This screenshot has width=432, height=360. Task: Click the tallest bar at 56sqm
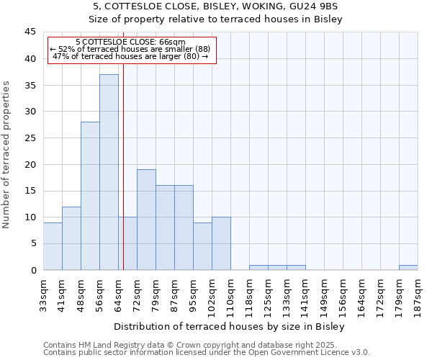click(x=109, y=172)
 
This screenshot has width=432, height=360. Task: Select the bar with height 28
click(x=90, y=196)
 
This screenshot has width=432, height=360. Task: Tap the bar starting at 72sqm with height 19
click(x=146, y=220)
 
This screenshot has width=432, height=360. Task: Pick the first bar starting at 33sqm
click(x=53, y=246)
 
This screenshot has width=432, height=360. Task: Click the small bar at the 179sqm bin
click(x=408, y=268)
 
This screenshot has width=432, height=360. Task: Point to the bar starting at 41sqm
click(x=71, y=238)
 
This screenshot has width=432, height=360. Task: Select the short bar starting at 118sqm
click(x=258, y=268)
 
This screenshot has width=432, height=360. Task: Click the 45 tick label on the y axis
click(x=30, y=32)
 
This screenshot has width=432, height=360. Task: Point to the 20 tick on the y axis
click(x=30, y=164)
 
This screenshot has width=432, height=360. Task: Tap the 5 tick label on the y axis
click(x=32, y=244)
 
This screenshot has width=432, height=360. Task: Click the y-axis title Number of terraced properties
click(x=7, y=155)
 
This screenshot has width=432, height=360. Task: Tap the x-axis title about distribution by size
click(x=230, y=326)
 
